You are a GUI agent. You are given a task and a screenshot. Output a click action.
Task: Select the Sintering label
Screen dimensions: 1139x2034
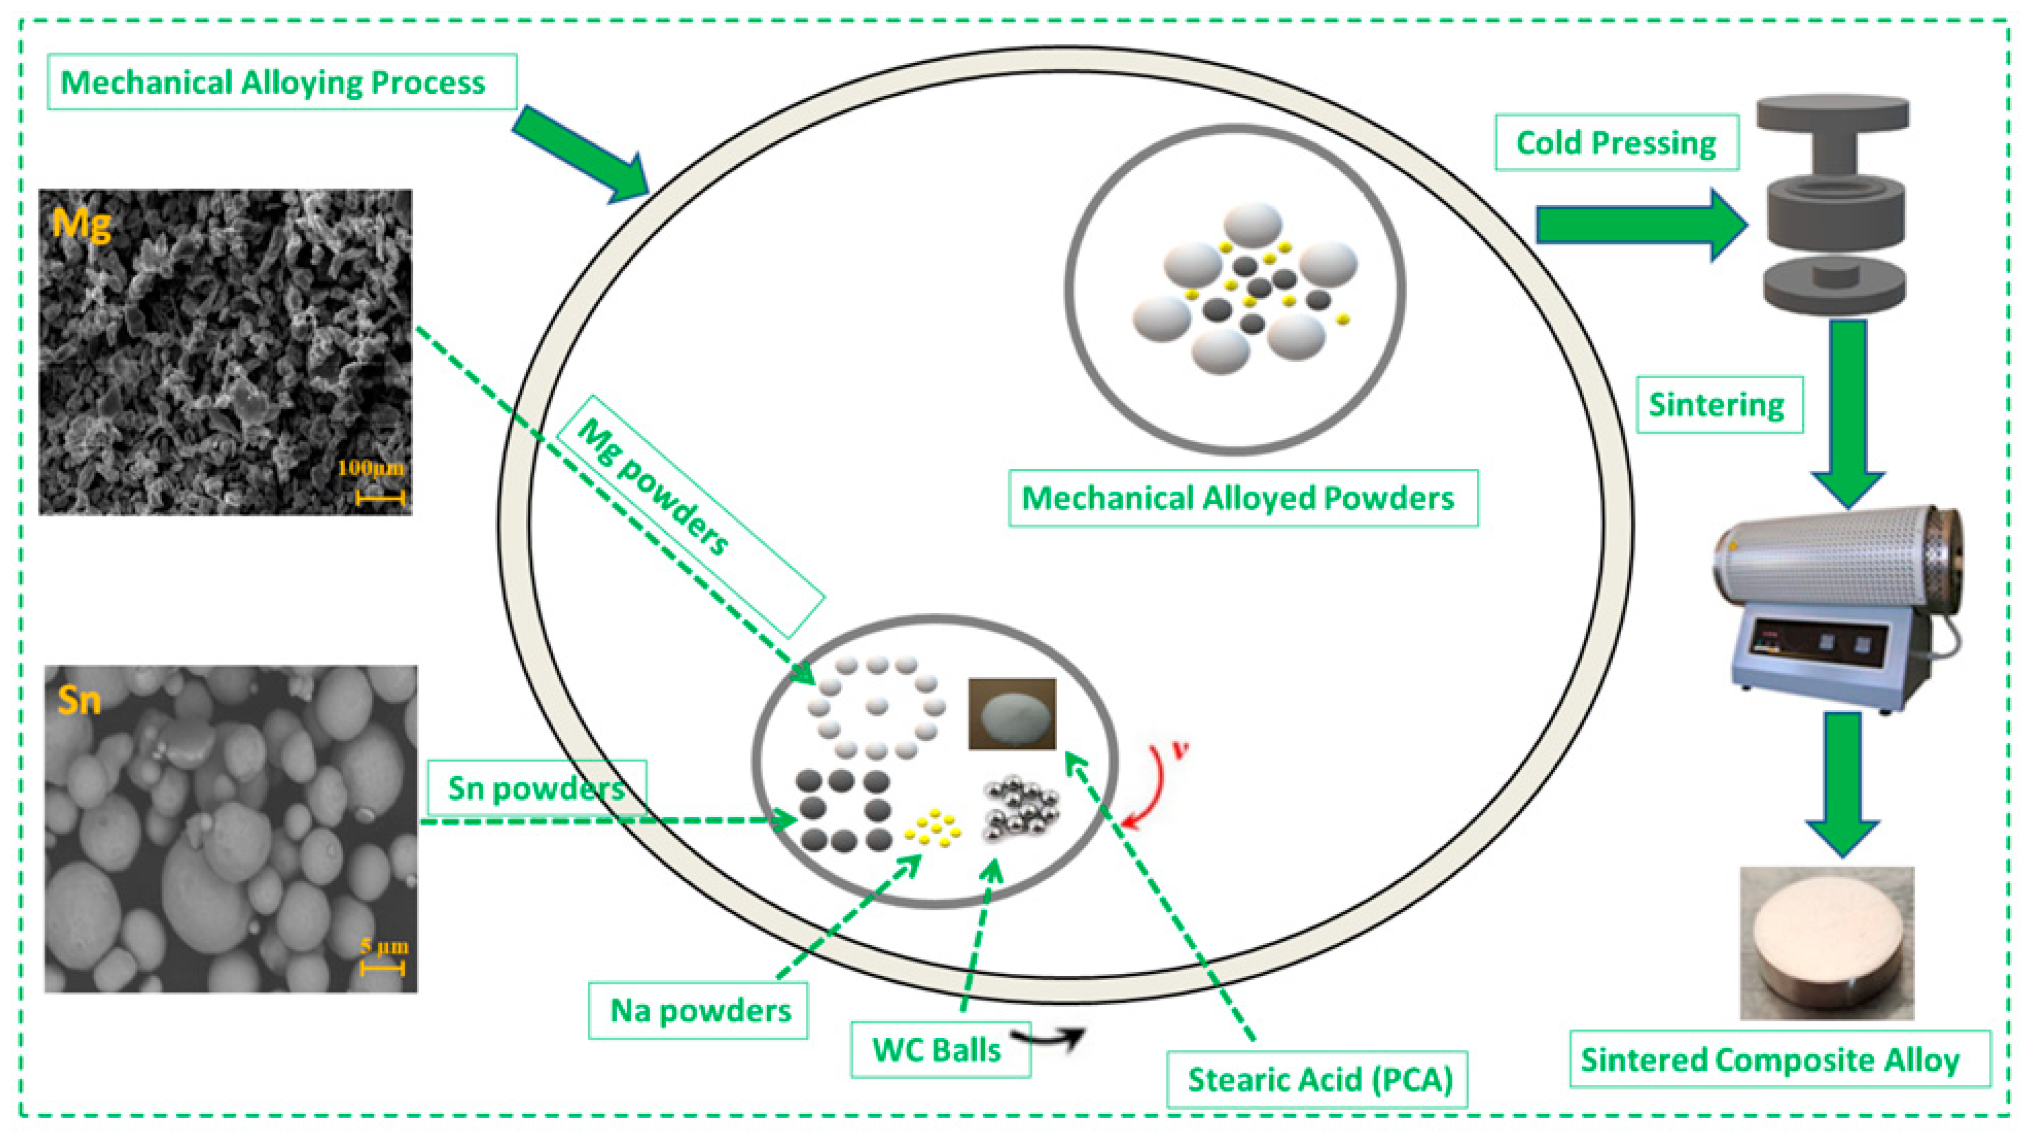click(x=1718, y=404)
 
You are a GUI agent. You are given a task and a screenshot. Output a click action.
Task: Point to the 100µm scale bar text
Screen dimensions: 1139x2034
click(x=370, y=468)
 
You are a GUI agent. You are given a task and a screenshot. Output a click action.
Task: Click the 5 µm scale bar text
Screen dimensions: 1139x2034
click(x=384, y=946)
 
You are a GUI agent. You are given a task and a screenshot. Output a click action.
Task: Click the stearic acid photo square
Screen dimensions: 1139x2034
click(x=1011, y=713)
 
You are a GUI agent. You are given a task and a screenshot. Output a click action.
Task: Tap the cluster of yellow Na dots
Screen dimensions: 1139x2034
click(x=934, y=827)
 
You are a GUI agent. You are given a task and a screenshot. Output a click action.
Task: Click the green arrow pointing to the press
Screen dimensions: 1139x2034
click(x=1638, y=225)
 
